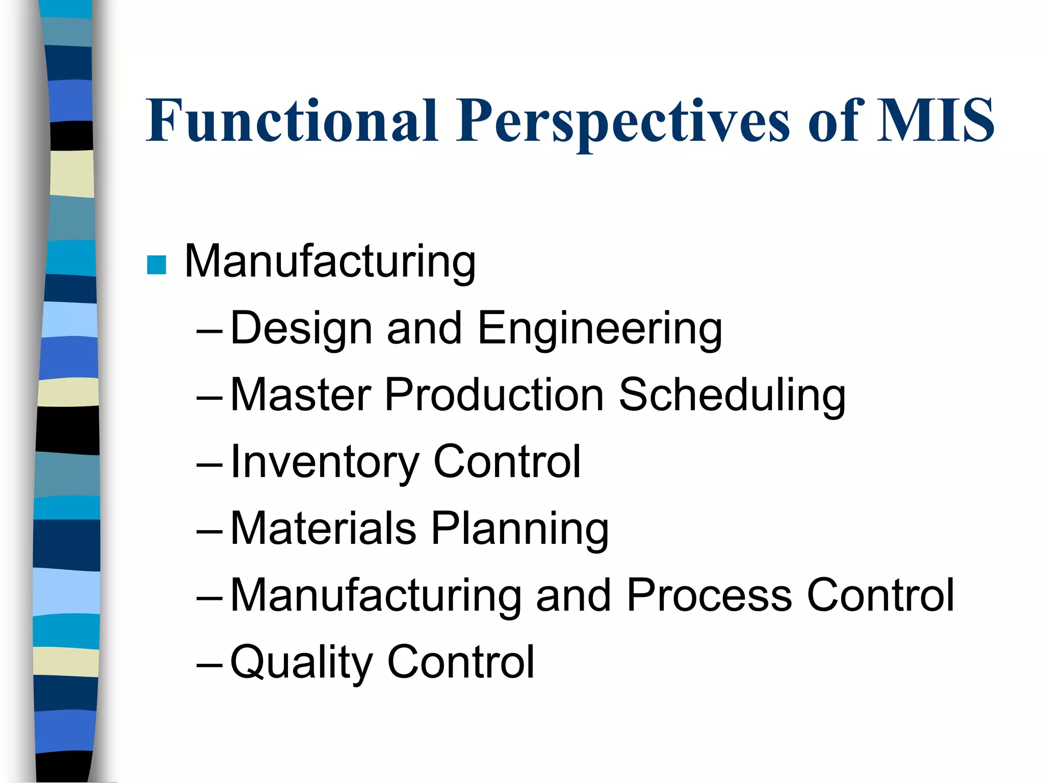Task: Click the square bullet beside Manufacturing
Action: click(156, 265)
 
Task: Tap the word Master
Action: click(301, 395)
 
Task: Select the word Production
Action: click(494, 395)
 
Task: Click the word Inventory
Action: click(324, 463)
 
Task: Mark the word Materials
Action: click(323, 529)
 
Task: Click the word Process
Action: click(709, 596)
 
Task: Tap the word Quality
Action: click(301, 663)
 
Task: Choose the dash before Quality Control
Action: click(209, 665)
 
